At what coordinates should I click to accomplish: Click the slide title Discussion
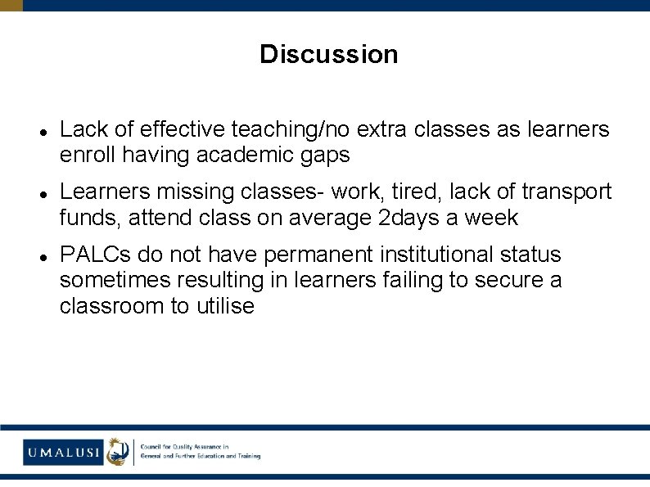(328, 55)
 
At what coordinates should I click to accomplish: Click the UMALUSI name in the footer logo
(63, 452)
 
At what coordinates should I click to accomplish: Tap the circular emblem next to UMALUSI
(119, 451)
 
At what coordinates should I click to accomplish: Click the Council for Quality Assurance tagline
(200, 451)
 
